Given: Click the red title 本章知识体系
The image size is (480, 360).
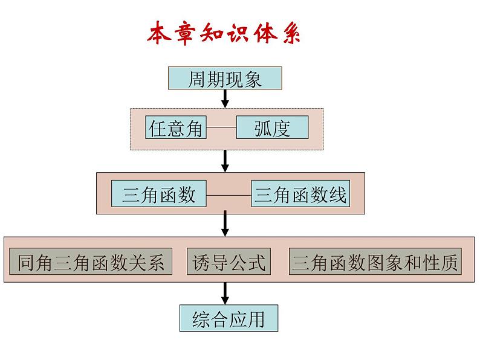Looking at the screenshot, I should coord(224,34).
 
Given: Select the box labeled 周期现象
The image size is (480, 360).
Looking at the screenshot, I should coord(225,79).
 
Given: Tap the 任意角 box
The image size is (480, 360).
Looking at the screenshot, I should coord(176,128).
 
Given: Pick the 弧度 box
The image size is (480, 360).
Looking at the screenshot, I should coord(272,128).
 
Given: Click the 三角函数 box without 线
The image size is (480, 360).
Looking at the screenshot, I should coord(159,194).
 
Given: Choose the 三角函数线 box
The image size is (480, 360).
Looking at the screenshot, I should coord(300,194).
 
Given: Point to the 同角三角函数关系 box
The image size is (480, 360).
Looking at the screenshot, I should coord(91,262).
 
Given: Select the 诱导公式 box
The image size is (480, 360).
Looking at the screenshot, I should coord(229,262).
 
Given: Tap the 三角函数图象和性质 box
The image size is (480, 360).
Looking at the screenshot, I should coord(375,262).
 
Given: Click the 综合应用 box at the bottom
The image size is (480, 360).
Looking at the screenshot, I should coord(229,318).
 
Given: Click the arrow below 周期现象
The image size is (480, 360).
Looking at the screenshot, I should coord(225,98).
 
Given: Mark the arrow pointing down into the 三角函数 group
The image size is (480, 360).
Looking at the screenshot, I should coord(225,161).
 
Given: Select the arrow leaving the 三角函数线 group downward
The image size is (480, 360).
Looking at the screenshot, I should coord(225,223).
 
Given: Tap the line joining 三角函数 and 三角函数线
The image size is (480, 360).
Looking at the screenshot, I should coord(228,195).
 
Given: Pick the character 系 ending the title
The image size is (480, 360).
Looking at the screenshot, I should coord(290,34).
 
